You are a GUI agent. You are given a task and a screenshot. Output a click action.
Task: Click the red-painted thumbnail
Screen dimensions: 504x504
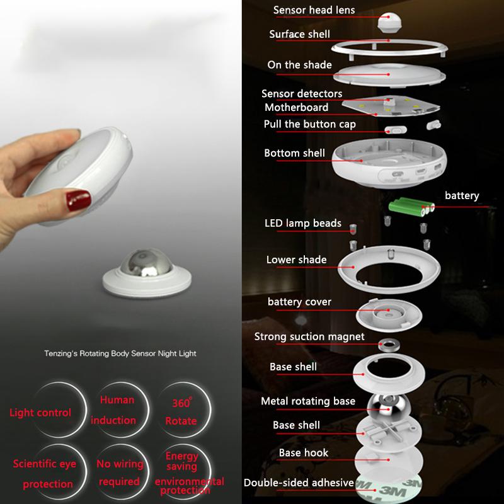78,200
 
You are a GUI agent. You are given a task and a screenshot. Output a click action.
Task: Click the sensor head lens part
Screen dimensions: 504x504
389,22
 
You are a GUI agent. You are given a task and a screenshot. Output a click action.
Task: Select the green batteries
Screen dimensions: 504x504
412,207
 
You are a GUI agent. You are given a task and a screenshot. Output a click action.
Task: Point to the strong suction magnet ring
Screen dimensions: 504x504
389,345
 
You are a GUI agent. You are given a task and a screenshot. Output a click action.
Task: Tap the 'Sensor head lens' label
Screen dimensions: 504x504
314,10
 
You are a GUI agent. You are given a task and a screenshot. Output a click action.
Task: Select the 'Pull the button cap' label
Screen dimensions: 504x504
309,124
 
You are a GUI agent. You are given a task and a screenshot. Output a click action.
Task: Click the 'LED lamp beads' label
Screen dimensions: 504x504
303,223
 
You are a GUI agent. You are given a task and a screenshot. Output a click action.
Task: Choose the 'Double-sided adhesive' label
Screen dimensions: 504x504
299,483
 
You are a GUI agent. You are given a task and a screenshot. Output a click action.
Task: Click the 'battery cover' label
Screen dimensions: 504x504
299,302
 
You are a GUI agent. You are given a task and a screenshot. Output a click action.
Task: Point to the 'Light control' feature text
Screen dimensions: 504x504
40,413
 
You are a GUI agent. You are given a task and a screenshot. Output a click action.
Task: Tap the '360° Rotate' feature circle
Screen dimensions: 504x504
184,410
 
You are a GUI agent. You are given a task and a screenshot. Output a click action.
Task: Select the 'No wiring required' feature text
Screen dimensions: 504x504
120,472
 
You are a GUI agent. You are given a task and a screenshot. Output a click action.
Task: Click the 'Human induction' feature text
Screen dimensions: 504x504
113,410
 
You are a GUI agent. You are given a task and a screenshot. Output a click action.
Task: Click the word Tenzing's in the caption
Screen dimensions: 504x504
60,353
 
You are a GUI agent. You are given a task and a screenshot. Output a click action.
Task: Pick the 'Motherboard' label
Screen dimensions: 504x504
296,107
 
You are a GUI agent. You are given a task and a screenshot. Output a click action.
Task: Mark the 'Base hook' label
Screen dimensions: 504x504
304,452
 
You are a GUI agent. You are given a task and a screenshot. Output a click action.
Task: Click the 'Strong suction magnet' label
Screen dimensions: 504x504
309,336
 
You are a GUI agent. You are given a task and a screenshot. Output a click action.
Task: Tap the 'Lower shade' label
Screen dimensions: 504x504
296,260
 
